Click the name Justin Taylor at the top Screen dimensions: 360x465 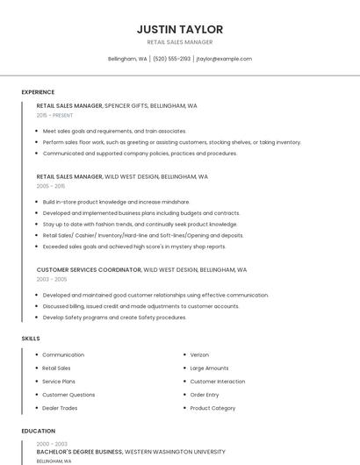coord(180,29)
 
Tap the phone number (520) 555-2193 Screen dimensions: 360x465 coord(171,59)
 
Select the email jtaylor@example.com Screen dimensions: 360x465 coord(224,59)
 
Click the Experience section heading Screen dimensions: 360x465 coord(38,92)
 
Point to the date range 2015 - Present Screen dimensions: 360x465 coord(55,115)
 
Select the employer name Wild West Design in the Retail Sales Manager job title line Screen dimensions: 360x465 coord(132,176)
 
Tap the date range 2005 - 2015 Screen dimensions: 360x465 coord(51,186)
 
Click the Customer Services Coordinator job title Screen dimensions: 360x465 coord(88,269)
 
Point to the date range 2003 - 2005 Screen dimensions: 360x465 coord(51,279)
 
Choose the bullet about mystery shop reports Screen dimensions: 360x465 coord(133,247)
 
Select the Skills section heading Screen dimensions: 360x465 coord(31,338)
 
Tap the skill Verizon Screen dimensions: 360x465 coord(199,354)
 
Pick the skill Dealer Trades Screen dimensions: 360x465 coord(60,408)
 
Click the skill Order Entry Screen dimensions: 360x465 coord(204,395)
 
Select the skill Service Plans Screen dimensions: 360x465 coord(59,382)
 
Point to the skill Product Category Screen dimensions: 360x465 coord(212,408)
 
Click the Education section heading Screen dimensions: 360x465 coord(38,432)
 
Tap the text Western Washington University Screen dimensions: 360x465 coord(182,451)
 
